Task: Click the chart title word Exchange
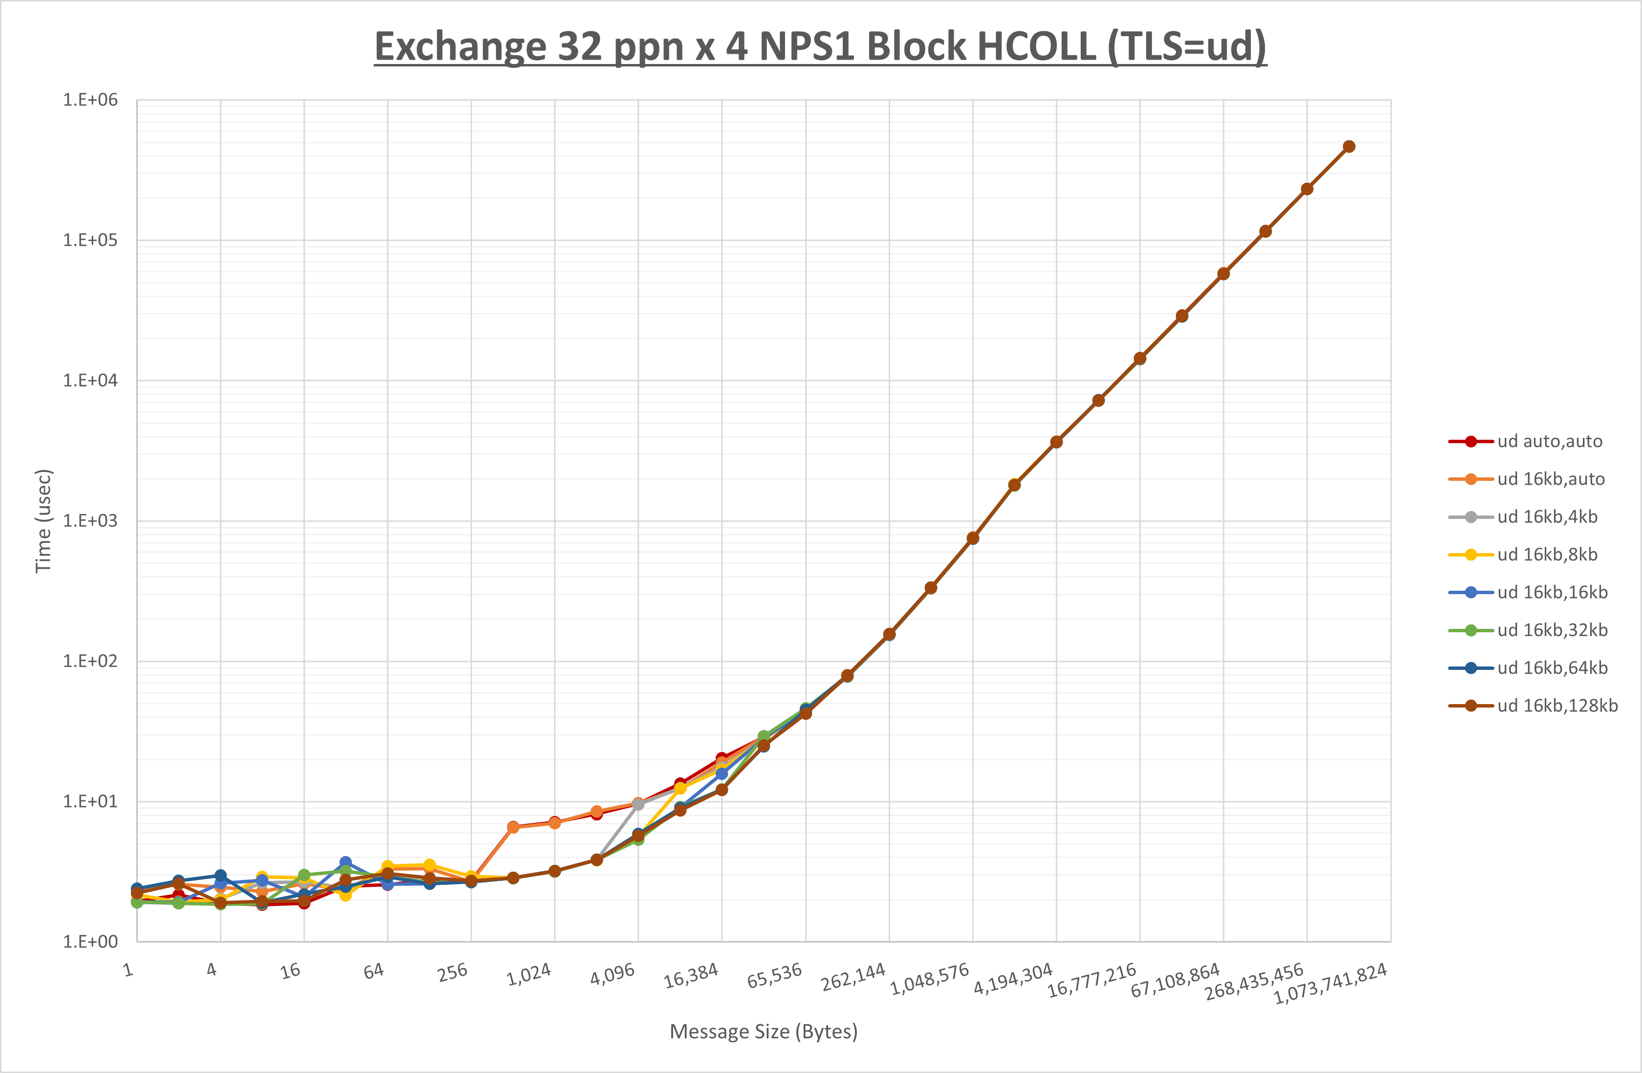pyautogui.click(x=459, y=47)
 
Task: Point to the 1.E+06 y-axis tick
pyautogui.click(x=90, y=100)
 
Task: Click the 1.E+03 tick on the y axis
pyautogui.click(x=90, y=521)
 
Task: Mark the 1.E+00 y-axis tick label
pyautogui.click(x=90, y=942)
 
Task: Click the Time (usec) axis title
pyautogui.click(x=43, y=521)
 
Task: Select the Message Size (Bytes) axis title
pyautogui.click(x=763, y=1031)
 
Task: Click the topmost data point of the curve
pyautogui.click(x=1349, y=146)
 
